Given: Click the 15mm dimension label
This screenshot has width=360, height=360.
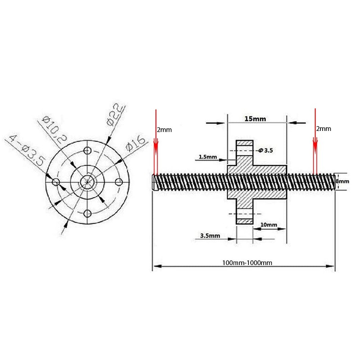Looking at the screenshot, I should point(255,119).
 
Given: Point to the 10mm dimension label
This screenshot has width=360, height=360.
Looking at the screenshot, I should point(268,225).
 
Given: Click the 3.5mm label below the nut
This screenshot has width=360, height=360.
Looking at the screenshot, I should point(210,235).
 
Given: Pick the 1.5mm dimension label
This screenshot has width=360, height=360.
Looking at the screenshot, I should point(207,157).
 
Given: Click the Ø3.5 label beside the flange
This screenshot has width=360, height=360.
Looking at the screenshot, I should point(265,151).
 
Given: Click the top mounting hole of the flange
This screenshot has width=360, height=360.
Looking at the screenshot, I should point(88,149).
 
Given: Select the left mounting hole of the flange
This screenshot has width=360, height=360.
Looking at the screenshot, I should point(56,181).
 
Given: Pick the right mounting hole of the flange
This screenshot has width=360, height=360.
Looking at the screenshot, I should point(119,181).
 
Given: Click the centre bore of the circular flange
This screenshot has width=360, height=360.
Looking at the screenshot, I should point(88,181).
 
